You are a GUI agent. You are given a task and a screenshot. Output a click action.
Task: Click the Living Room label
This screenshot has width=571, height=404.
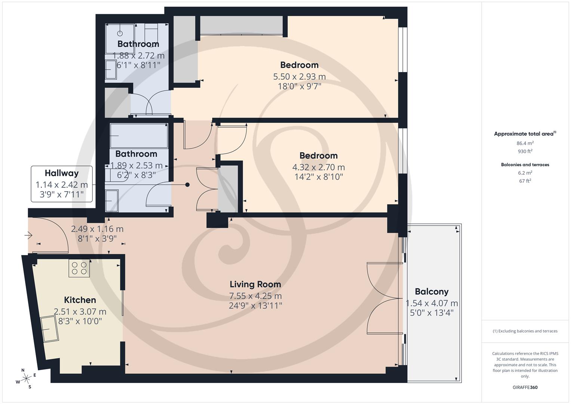tap(255, 284)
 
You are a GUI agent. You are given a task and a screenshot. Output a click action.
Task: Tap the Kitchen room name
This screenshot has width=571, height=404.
tap(80, 300)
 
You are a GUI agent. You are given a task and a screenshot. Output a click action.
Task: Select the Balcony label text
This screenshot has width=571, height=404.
tap(432, 292)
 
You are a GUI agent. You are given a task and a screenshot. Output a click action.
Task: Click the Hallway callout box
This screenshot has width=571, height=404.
tap(62, 184)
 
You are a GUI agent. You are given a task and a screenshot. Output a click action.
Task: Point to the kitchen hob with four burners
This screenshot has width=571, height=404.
tap(79, 268)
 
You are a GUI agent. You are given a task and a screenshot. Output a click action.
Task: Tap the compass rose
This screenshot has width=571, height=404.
tap(26, 379)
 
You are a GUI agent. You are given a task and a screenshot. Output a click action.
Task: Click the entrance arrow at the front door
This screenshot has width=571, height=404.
tap(28, 236)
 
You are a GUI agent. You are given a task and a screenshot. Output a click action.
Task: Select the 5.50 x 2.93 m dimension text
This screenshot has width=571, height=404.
tap(299, 77)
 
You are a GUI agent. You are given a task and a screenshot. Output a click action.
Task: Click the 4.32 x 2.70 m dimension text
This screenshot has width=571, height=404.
tap(318, 167)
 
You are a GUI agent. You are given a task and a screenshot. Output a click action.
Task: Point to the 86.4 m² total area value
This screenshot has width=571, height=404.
tap(525, 143)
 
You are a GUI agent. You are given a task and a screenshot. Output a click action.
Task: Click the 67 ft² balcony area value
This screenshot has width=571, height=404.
tap(525, 181)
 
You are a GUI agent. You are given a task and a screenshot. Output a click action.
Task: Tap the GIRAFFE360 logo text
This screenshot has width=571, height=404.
tap(525, 388)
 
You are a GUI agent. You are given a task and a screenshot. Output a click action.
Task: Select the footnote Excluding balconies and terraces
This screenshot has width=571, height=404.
tap(525, 331)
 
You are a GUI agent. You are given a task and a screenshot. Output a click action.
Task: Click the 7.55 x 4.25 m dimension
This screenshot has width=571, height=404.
tap(255, 296)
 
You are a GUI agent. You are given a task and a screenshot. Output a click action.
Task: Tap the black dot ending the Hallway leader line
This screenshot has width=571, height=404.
tap(188, 185)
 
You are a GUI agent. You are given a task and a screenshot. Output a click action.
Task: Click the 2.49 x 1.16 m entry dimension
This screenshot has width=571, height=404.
tap(97, 229)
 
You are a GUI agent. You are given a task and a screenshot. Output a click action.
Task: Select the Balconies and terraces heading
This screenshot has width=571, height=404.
tap(525, 165)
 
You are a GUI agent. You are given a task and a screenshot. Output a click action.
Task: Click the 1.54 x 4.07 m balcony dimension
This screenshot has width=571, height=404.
tap(432, 303)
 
